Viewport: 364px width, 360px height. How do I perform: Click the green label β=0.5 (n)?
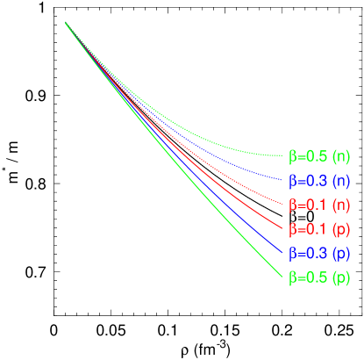pyautogui.click(x=319, y=157)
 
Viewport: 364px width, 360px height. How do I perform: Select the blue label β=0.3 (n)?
pyautogui.click(x=319, y=181)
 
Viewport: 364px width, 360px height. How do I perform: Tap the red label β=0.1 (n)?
pyautogui.click(x=319, y=205)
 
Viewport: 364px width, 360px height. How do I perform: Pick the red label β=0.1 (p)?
pyautogui.click(x=319, y=229)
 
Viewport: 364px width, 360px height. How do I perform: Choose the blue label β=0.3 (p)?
pyautogui.click(x=319, y=254)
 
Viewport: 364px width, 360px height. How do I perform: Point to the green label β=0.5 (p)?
pyautogui.click(x=319, y=278)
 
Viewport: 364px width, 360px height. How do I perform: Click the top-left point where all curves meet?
pyautogui.click(x=65, y=21)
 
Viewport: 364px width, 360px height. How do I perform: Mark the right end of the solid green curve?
pyautogui.click(x=282, y=280)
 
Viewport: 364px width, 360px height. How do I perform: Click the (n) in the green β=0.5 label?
pyautogui.click(x=341, y=157)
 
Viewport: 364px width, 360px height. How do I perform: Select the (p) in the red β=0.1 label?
pyautogui.click(x=341, y=229)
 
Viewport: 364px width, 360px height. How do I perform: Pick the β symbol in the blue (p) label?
pyautogui.click(x=293, y=254)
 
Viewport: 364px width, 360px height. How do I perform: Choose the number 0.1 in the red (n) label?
pyautogui.click(x=316, y=205)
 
